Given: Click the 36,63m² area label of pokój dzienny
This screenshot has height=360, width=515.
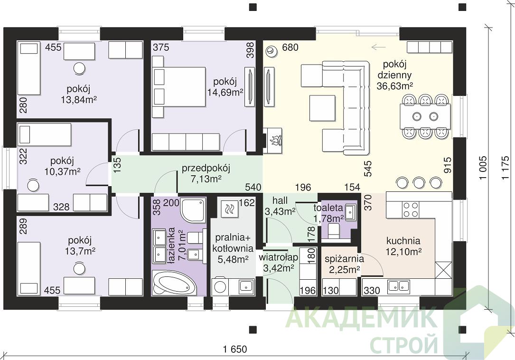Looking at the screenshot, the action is coord(394,86).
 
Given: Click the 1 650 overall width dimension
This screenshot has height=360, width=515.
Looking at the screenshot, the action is coord(235,349).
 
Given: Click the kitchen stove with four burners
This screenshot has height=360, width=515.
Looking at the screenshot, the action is coord(411,210).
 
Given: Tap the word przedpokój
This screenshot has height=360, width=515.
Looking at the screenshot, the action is coord(206,168).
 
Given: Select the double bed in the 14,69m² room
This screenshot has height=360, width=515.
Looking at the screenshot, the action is coord(179,87).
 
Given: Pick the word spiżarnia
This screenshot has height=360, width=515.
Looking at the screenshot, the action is coord(344,259).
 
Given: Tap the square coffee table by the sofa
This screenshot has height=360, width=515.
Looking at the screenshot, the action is coord(322,108).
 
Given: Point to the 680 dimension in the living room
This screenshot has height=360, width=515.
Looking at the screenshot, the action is coord(290,47).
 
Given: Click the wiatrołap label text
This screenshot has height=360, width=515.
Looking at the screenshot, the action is coord(278,257).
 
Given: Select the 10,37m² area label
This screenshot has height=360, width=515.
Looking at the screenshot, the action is coord(62,171).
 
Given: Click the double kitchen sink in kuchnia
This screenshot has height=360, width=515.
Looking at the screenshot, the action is coord(398,287).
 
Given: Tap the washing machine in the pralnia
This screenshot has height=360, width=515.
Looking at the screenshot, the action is coord(220,286).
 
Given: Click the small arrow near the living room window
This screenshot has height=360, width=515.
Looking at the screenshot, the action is coord(378,47).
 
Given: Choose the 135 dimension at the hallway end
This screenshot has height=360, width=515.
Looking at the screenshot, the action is coord(117,165).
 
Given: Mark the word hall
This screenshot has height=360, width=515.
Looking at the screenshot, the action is coord(280,200).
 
